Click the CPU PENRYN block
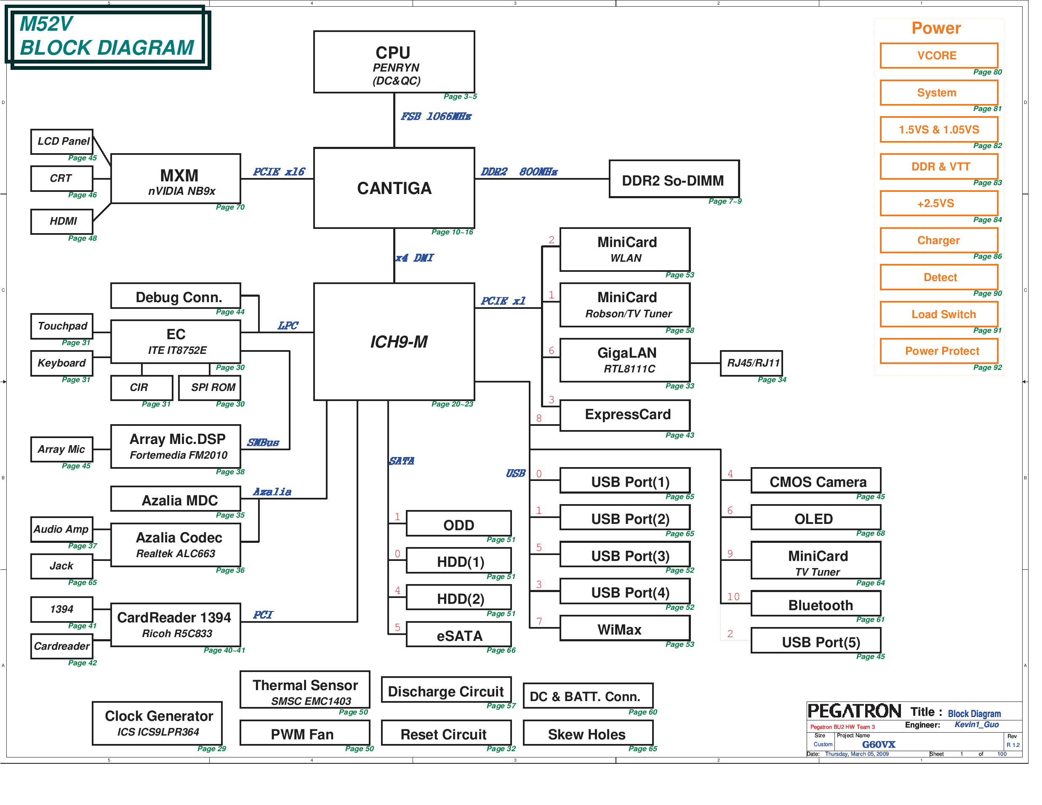pos(394,62)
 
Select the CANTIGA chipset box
pos(394,188)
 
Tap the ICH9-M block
pos(394,341)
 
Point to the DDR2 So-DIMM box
pos(674,179)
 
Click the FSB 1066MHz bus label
pos(436,117)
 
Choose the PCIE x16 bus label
pos(279,172)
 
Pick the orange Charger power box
pos(938,240)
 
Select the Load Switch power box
pos(938,314)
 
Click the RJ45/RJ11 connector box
pos(751,363)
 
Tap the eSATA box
pos(458,635)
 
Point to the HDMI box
pos(62,221)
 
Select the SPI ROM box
pos(209,387)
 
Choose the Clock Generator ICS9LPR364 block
pos(157,723)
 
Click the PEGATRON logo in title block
pos(854,711)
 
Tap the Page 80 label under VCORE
pos(987,72)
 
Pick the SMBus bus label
pos(263,443)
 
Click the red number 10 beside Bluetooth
pos(733,597)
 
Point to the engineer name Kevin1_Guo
pos(977,724)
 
